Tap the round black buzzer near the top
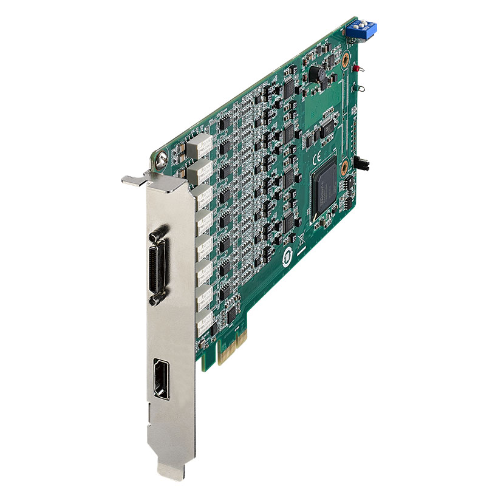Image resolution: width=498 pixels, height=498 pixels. (x=316, y=74)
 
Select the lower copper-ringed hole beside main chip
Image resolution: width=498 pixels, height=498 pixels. (x=343, y=163)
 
